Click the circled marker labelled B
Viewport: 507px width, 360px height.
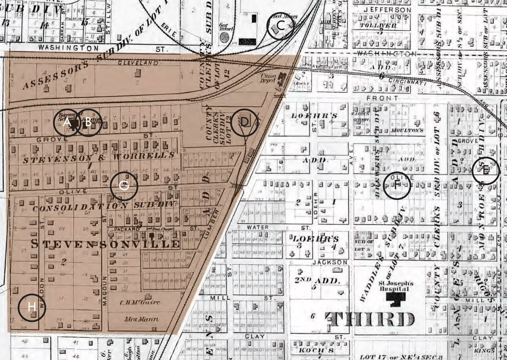point(88,123)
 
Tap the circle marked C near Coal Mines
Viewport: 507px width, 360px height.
point(280,26)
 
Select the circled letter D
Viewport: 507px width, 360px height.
point(245,123)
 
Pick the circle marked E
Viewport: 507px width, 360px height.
point(486,171)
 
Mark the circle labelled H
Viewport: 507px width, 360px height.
point(32,307)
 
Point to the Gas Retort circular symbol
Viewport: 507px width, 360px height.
point(224,37)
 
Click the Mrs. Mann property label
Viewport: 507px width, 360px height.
point(141,319)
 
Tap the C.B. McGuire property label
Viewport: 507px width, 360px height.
point(140,303)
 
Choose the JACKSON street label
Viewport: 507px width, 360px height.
point(330,262)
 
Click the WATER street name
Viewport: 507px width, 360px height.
point(257,228)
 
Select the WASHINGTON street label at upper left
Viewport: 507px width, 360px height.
point(68,48)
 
